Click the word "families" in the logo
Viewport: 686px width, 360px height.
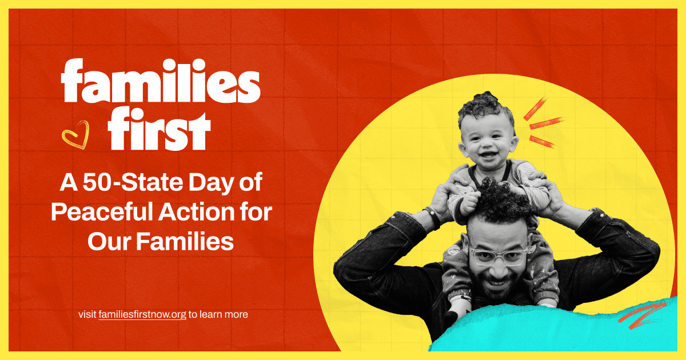tap(161, 81)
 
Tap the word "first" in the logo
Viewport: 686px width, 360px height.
tap(159, 129)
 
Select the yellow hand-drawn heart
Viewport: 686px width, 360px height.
tap(75, 135)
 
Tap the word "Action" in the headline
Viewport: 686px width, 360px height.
tap(199, 212)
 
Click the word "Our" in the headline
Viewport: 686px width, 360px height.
tap(109, 242)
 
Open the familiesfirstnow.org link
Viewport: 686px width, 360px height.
tap(142, 315)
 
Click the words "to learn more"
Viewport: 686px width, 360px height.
tap(218, 314)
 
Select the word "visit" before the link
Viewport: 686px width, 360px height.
tap(87, 314)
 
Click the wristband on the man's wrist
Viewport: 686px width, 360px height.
tap(433, 217)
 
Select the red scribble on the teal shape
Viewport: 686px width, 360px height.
tap(642, 315)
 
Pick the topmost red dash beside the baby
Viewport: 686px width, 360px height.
tap(535, 109)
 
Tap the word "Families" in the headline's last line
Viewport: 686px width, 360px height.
tap(185, 242)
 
